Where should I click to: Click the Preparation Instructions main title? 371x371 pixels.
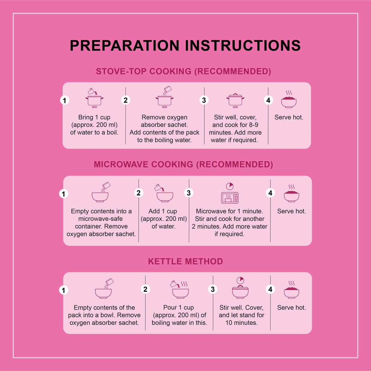click(185, 46)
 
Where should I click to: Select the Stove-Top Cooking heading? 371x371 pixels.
click(183, 71)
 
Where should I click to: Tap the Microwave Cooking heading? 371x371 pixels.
click(183, 164)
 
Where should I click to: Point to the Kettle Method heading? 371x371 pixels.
click(185, 261)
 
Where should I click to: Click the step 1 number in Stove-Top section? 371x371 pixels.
click(64, 100)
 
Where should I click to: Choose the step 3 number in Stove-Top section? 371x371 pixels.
click(204, 100)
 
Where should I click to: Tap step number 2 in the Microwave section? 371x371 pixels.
click(139, 193)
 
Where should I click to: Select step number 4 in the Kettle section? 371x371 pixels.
click(270, 289)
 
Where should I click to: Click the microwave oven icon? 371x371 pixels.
click(230, 198)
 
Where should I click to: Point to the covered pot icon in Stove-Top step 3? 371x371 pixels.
click(235, 101)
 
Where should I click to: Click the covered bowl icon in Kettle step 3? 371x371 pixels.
click(240, 292)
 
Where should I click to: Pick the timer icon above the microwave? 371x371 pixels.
click(229, 186)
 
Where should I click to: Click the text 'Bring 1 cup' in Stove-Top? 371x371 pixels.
click(94, 117)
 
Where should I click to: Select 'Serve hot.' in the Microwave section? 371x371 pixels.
click(291, 211)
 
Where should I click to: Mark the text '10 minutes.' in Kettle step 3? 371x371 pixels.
click(241, 322)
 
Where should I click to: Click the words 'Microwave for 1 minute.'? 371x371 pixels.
click(229, 211)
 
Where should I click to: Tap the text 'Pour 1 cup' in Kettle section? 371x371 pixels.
click(179, 308)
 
